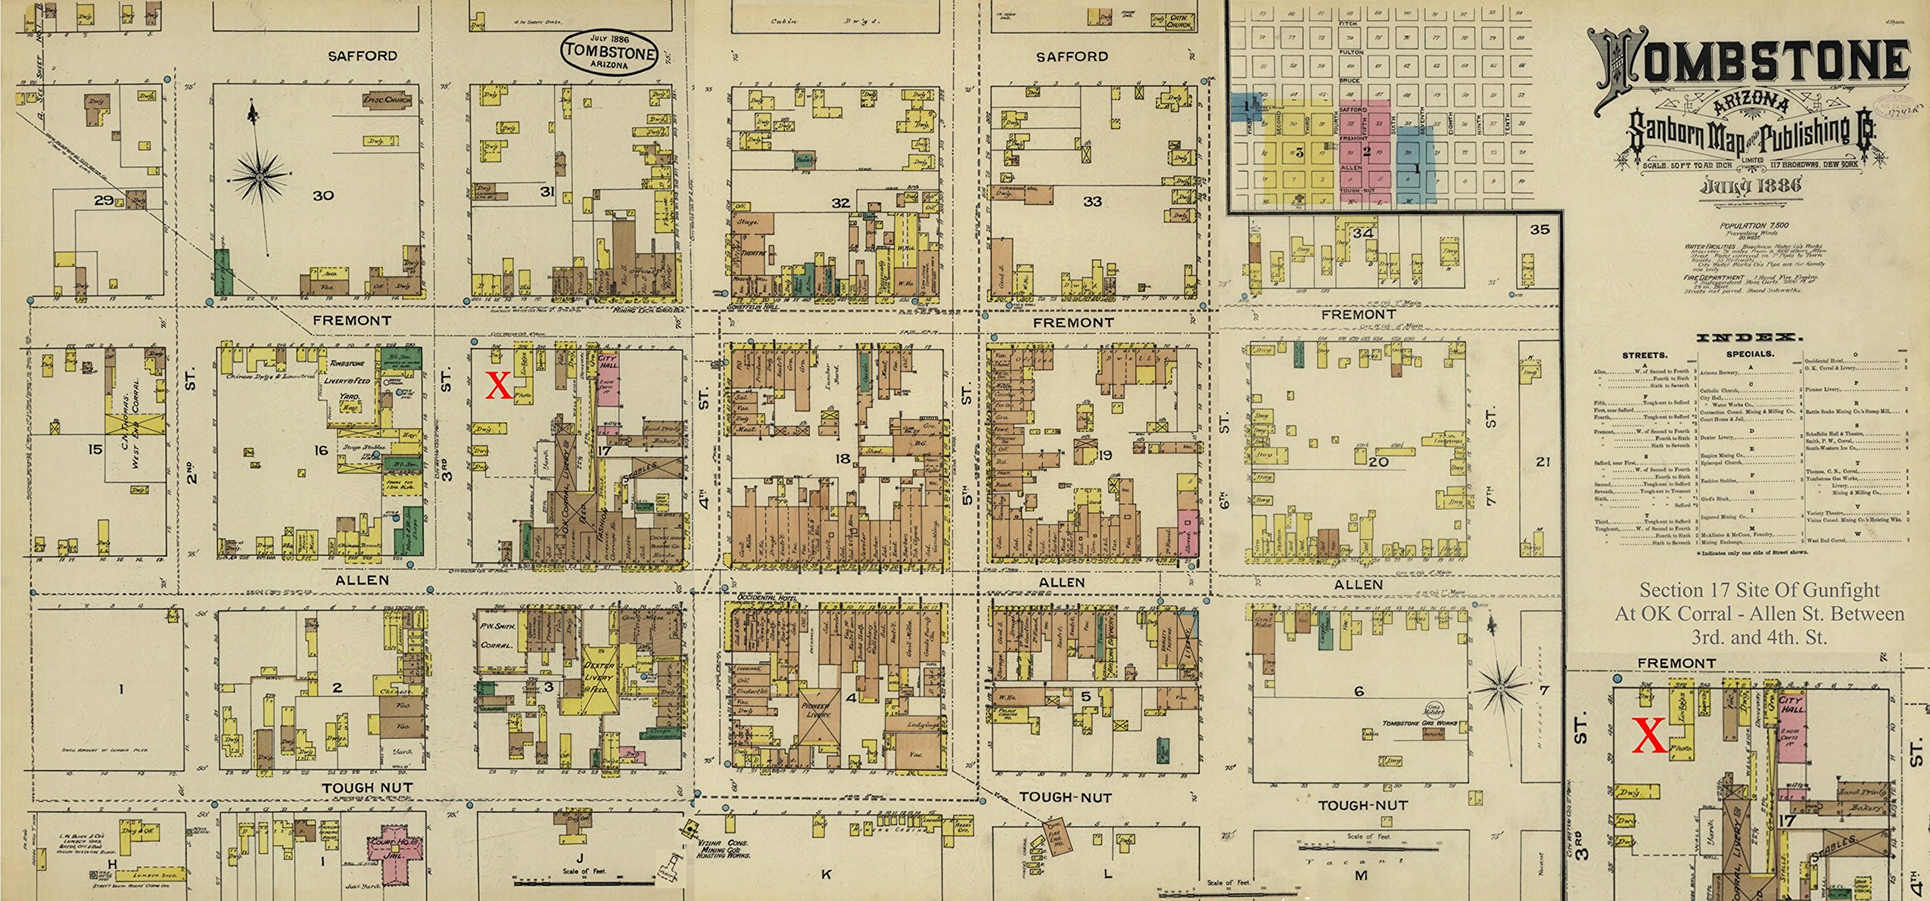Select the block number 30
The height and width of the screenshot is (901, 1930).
point(323,195)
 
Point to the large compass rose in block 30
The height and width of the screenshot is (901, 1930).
point(260,176)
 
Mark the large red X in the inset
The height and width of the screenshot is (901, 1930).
point(1649,736)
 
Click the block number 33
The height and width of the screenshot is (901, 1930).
point(1092,201)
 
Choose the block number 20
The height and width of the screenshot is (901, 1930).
point(1379,461)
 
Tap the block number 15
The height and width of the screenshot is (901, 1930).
point(94,449)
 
